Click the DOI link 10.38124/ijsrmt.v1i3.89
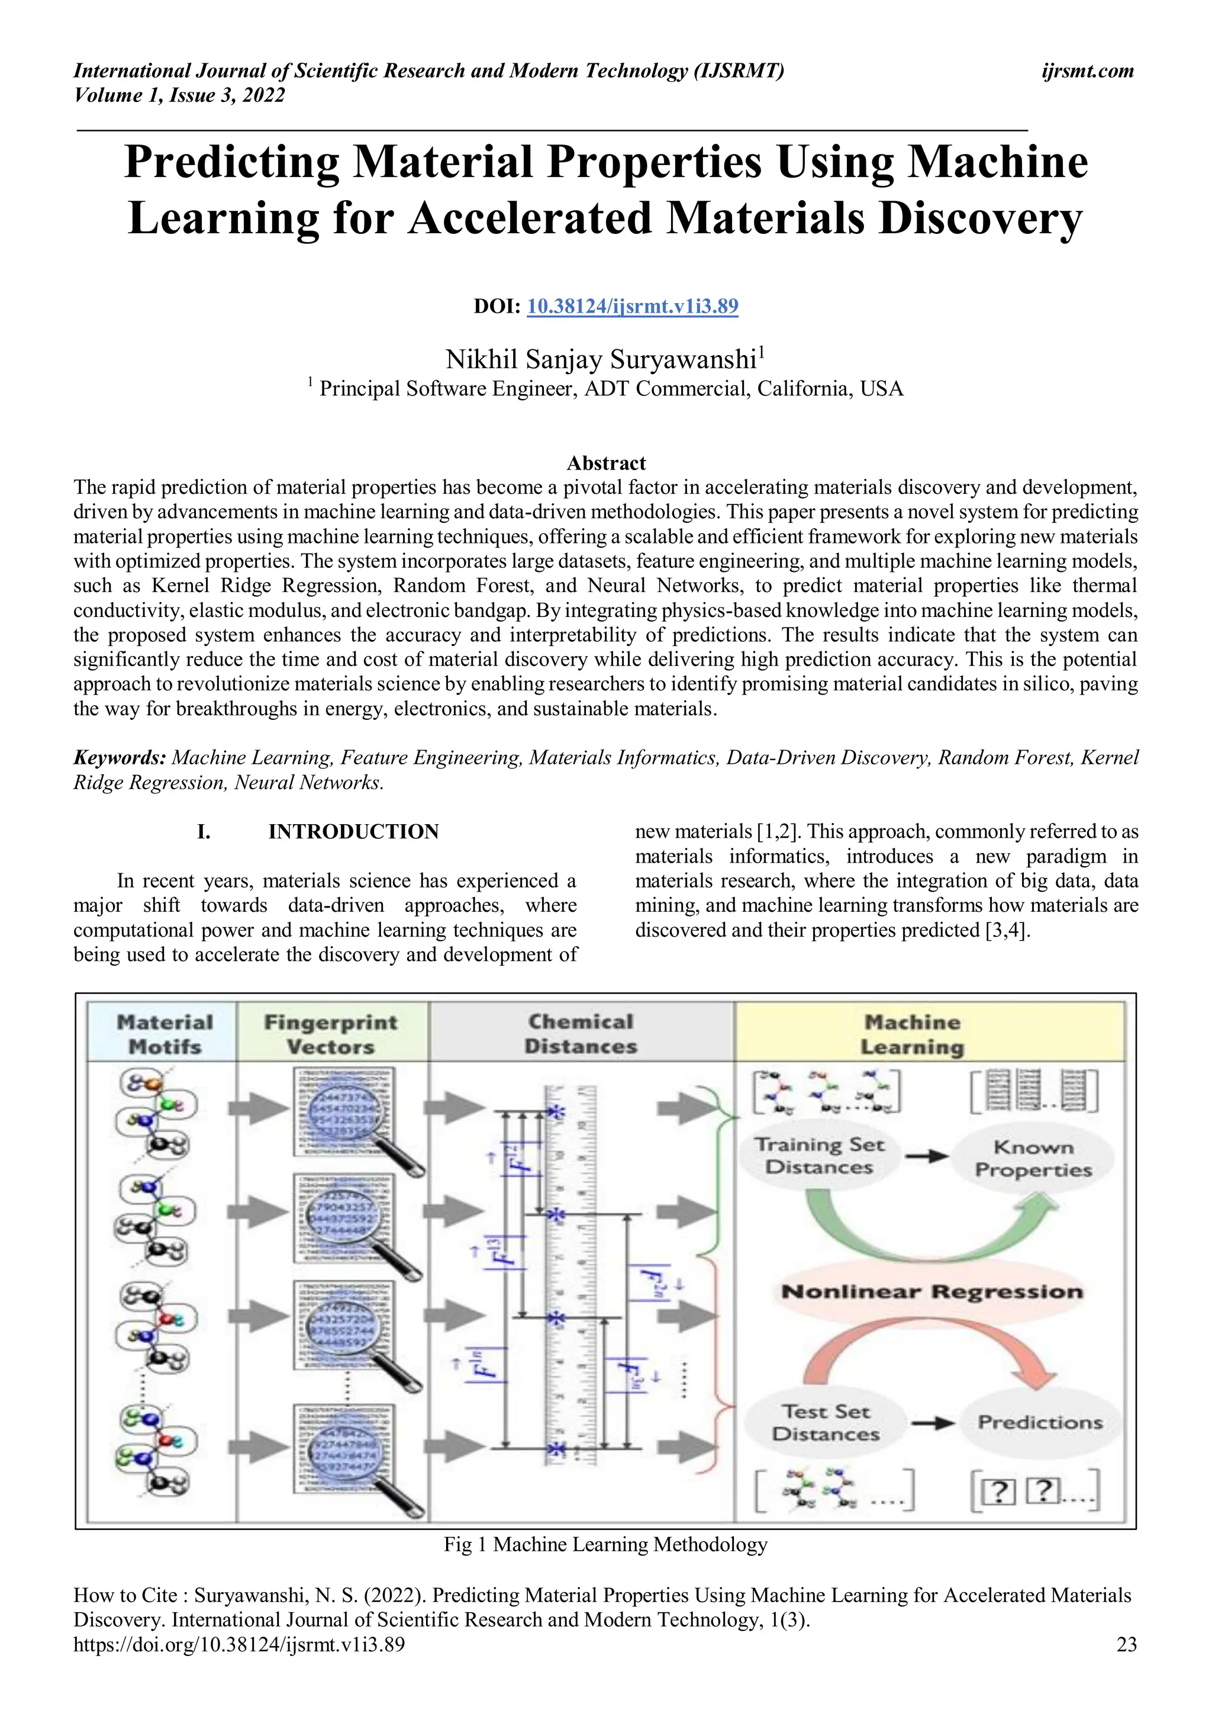632,306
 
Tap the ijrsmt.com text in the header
1087,71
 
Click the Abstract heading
606,463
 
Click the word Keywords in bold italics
120,758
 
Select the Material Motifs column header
164,1034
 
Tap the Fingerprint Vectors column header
331,1034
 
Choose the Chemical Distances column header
581,1034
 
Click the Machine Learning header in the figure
912,1034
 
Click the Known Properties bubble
1033,1158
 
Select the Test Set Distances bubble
826,1422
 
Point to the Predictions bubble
1040,1422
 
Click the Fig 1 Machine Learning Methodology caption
605,1544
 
